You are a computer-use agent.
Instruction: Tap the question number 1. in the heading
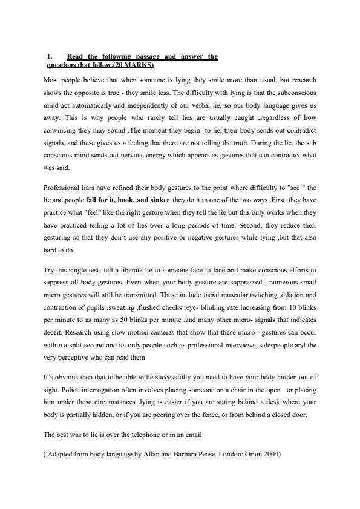[50, 56]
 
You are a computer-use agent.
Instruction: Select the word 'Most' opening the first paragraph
[52, 80]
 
